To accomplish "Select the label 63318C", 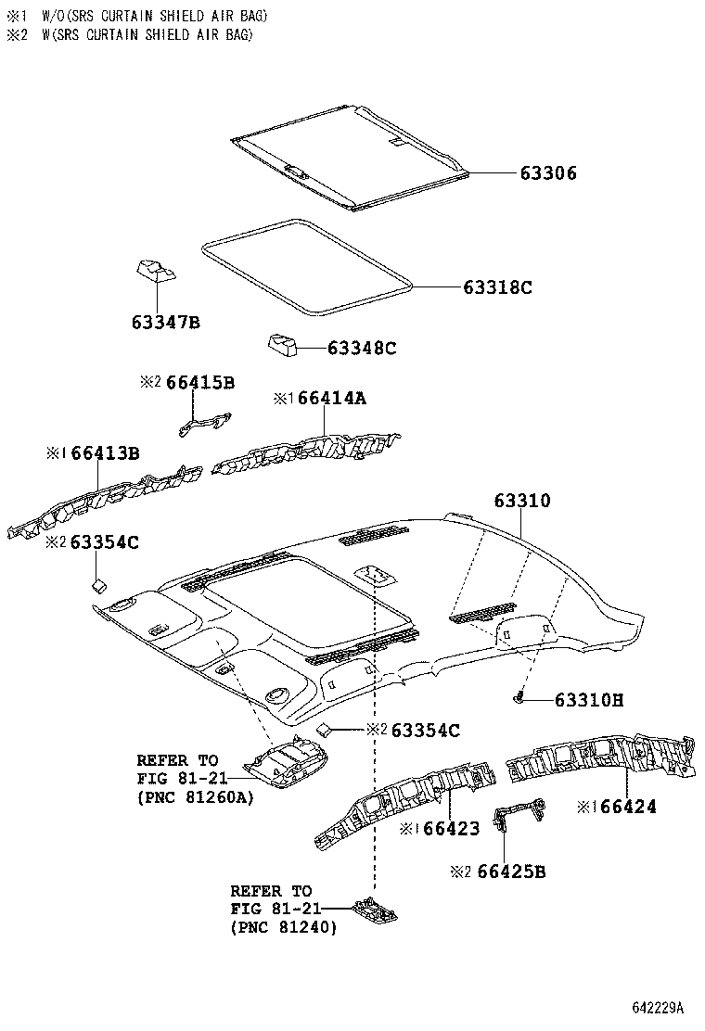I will tap(497, 287).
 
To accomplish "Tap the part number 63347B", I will tap(165, 323).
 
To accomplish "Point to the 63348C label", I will tap(361, 348).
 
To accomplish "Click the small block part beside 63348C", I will tap(283, 346).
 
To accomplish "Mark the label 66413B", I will tap(105, 452).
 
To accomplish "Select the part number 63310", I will tap(521, 501).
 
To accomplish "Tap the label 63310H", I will tap(589, 700).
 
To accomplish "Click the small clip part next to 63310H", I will tap(521, 697).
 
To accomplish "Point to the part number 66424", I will tap(627, 807).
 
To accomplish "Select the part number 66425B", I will tap(511, 872).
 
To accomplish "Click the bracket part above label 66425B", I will tap(517, 816).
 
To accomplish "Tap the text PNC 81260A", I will tap(195, 796).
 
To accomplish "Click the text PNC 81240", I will tap(284, 926).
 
